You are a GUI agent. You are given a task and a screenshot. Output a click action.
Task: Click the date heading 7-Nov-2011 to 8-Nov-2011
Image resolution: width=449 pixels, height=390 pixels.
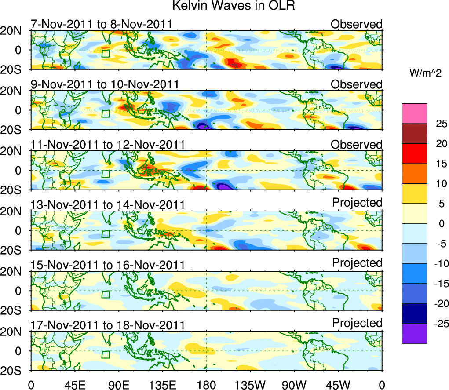(x=101, y=24)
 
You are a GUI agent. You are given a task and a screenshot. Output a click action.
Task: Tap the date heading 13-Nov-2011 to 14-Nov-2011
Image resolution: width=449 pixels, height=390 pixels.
(x=107, y=204)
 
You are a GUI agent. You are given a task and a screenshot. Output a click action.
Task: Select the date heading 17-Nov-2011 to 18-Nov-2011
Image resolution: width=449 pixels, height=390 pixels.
(x=107, y=325)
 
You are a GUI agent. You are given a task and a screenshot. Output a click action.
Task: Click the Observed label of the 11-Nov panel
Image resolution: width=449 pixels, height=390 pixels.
(x=357, y=145)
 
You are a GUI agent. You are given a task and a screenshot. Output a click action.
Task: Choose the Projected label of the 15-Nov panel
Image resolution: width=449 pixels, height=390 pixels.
(x=357, y=263)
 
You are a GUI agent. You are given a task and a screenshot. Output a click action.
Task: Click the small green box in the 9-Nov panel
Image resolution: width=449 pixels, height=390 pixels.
(x=105, y=113)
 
